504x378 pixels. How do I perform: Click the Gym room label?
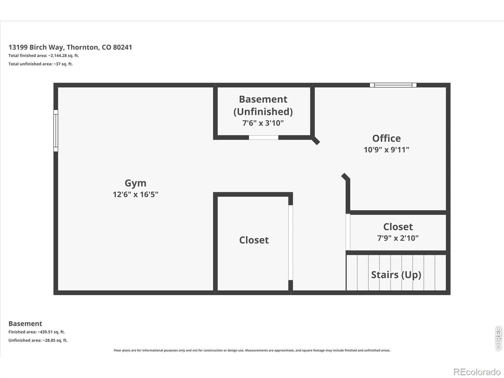(135, 183)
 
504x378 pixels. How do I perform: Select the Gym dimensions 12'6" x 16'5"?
(135, 195)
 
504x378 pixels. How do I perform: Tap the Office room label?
(387, 138)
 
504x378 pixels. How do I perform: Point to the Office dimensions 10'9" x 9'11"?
(387, 150)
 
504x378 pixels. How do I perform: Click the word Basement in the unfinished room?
(263, 99)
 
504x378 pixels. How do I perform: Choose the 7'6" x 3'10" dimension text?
(263, 123)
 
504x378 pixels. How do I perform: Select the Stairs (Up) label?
(396, 275)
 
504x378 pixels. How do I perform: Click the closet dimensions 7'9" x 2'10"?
(398, 238)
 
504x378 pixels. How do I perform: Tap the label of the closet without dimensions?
(254, 240)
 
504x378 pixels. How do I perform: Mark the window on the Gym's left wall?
(56, 131)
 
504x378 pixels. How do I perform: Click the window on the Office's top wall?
(393, 85)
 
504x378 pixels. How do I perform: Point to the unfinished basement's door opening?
(264, 137)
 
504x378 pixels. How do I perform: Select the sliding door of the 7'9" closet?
(348, 232)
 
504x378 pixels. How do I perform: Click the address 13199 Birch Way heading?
(70, 47)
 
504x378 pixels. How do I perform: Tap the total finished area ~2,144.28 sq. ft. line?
(43, 55)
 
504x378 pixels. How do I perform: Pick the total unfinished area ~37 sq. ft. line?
(41, 64)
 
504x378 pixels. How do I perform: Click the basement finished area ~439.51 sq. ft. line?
(37, 332)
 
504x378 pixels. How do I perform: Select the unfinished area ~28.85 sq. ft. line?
(38, 341)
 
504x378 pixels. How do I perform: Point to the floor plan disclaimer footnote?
(252, 351)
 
